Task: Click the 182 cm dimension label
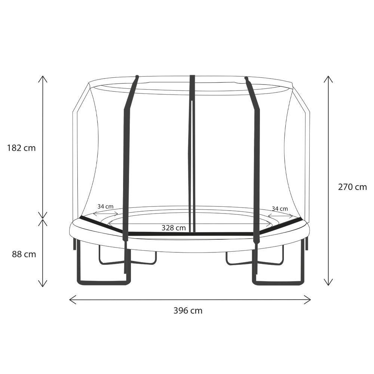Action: [x=21, y=148]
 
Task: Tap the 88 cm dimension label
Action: [x=24, y=254]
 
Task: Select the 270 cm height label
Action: [x=352, y=187]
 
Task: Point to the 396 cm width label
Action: [x=188, y=310]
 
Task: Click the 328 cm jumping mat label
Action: [x=174, y=228]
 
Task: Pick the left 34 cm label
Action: [x=105, y=206]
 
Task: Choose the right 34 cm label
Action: [x=280, y=209]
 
